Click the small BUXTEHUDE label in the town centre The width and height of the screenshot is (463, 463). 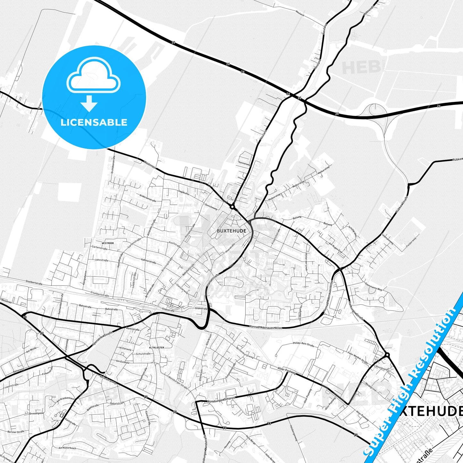pos(231,231)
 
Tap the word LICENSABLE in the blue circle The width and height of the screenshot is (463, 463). pos(94,122)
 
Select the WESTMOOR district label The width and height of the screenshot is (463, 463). pos(108,243)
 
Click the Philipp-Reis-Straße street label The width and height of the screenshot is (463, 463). pos(303,344)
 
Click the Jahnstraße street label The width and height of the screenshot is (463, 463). pos(101,260)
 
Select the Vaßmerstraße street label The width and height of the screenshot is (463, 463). pos(148,261)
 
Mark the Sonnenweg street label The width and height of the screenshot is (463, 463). pos(244,163)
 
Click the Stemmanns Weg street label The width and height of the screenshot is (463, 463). pos(373,287)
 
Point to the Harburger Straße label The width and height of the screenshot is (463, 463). pos(356,310)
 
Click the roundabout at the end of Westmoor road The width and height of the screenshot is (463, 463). pos(232,207)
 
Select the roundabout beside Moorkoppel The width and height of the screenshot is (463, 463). pos(387,355)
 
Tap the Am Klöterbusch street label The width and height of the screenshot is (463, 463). pos(67,448)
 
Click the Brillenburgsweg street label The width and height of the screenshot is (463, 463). pos(245,352)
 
